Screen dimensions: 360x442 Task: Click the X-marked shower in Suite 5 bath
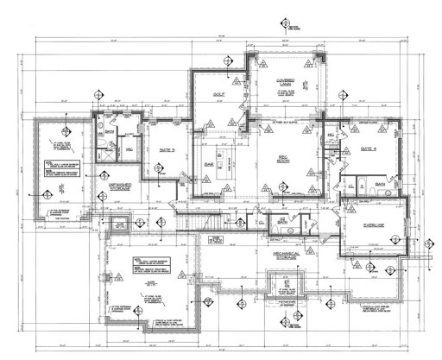tap(109, 152)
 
